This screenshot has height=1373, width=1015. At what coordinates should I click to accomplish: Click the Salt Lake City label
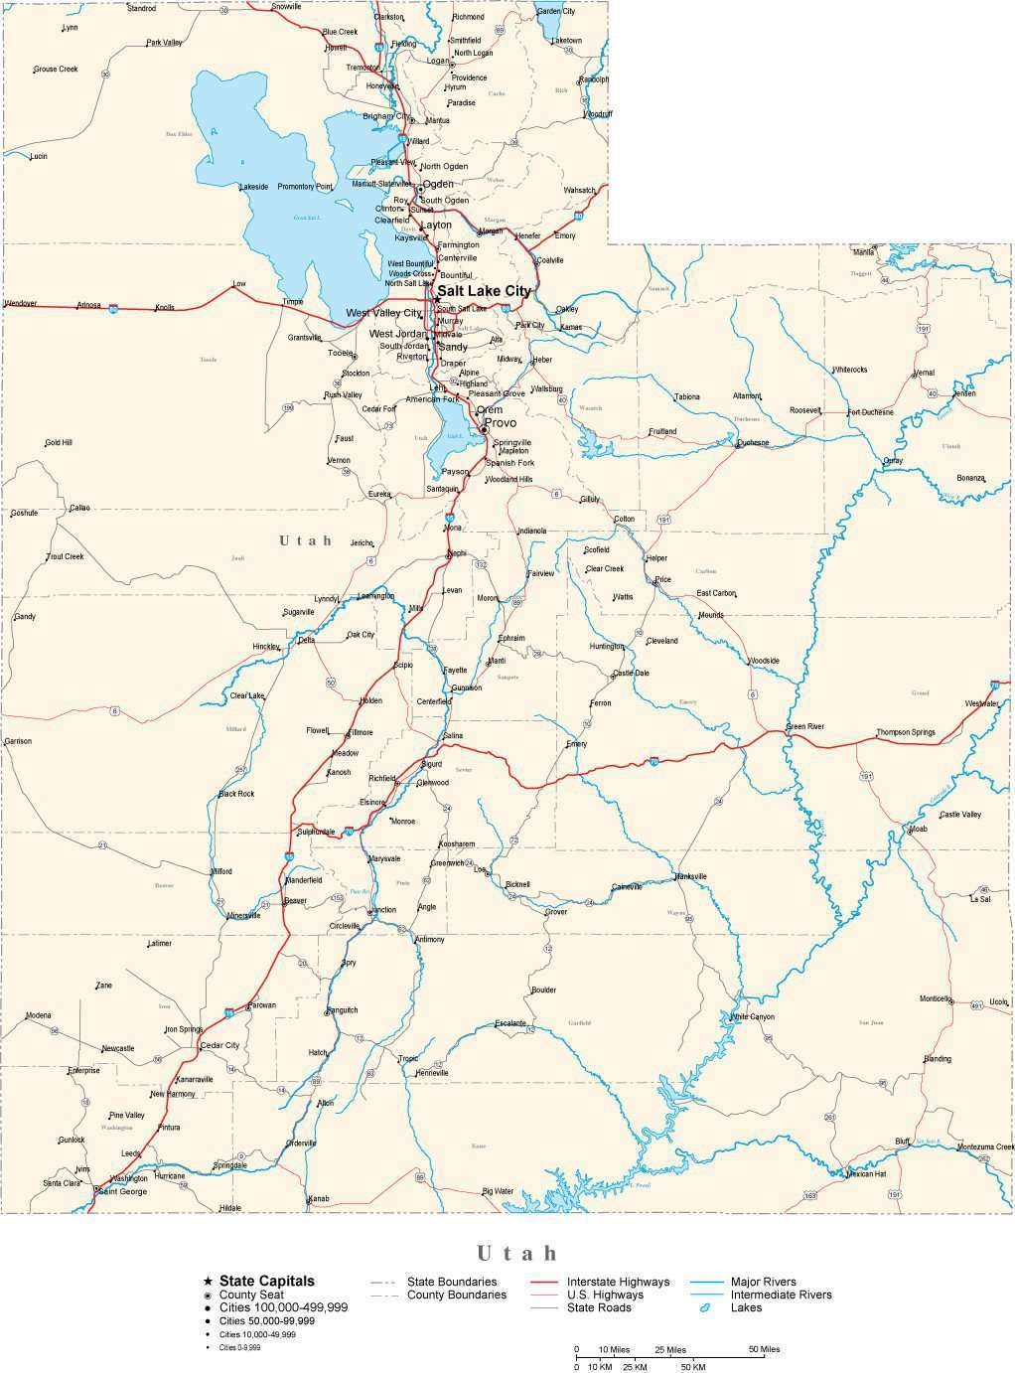click(x=485, y=291)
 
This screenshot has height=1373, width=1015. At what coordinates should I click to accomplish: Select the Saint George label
click(x=123, y=1191)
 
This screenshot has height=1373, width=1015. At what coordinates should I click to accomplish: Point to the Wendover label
click(x=21, y=303)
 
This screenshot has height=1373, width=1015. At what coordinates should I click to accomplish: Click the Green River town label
click(x=804, y=727)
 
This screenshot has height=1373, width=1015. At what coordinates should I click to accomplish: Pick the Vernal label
click(x=924, y=373)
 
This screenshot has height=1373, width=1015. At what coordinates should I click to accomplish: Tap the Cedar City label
click(x=219, y=1045)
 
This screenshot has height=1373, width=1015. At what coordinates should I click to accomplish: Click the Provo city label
click(x=501, y=423)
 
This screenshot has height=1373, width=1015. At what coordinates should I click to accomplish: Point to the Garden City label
click(x=555, y=11)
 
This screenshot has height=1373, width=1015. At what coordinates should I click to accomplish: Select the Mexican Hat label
click(x=866, y=1173)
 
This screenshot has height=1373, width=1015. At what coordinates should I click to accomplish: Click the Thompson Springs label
click(x=905, y=733)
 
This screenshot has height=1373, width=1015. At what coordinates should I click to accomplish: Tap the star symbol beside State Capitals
click(x=208, y=1282)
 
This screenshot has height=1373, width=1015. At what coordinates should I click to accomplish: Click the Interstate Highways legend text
click(x=618, y=1282)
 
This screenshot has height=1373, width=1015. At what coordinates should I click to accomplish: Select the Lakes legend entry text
click(x=746, y=1307)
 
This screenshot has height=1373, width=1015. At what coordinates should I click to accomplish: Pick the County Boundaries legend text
click(x=457, y=1295)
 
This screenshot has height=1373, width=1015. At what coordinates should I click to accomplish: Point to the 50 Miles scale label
click(x=764, y=1349)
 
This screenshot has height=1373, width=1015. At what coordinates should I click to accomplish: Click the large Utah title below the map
click(x=516, y=1253)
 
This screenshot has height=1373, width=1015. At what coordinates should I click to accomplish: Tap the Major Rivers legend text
click(x=763, y=1282)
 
